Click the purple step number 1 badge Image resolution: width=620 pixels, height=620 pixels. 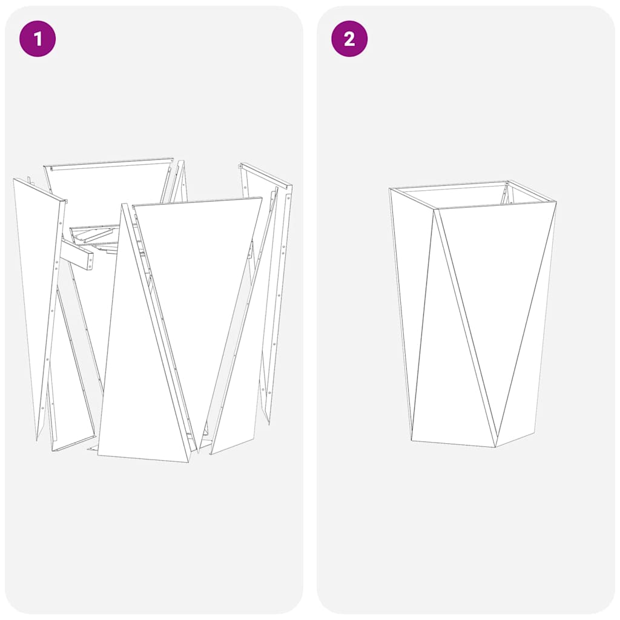pyautogui.click(x=38, y=39)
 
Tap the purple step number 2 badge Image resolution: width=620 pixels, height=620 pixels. pyautogui.click(x=349, y=39)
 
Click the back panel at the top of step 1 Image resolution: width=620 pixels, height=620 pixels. pyautogui.click(x=109, y=194)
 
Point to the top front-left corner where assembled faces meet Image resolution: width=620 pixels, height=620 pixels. pyautogui.click(x=435, y=210)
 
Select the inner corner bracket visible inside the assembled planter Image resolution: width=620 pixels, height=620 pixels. pyautogui.click(x=504, y=194)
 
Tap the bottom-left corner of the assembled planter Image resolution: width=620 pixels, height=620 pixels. pyautogui.click(x=412, y=440)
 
